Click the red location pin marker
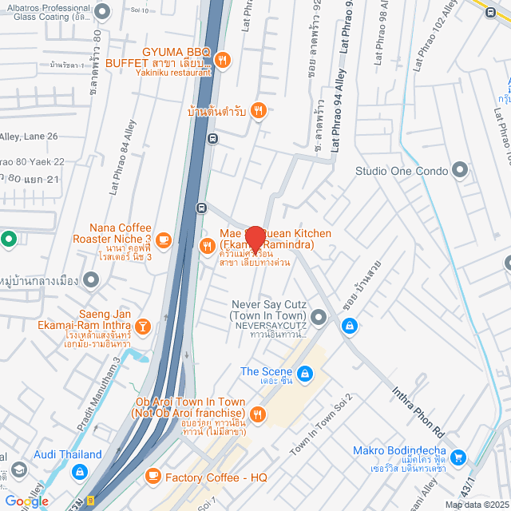pos(255,239)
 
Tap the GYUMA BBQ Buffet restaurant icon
pos(223,58)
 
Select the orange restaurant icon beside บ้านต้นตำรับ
pos(258,110)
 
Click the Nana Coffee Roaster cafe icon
pos(164,239)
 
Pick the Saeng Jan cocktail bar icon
pos(142,326)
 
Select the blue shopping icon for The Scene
pos(304,373)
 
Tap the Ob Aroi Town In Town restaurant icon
pos(257,413)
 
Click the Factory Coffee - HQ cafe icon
pos(153,477)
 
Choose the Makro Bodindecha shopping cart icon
pos(458,458)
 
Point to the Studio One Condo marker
pos(460,170)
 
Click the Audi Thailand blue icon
pos(78,472)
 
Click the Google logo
pos(26,501)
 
